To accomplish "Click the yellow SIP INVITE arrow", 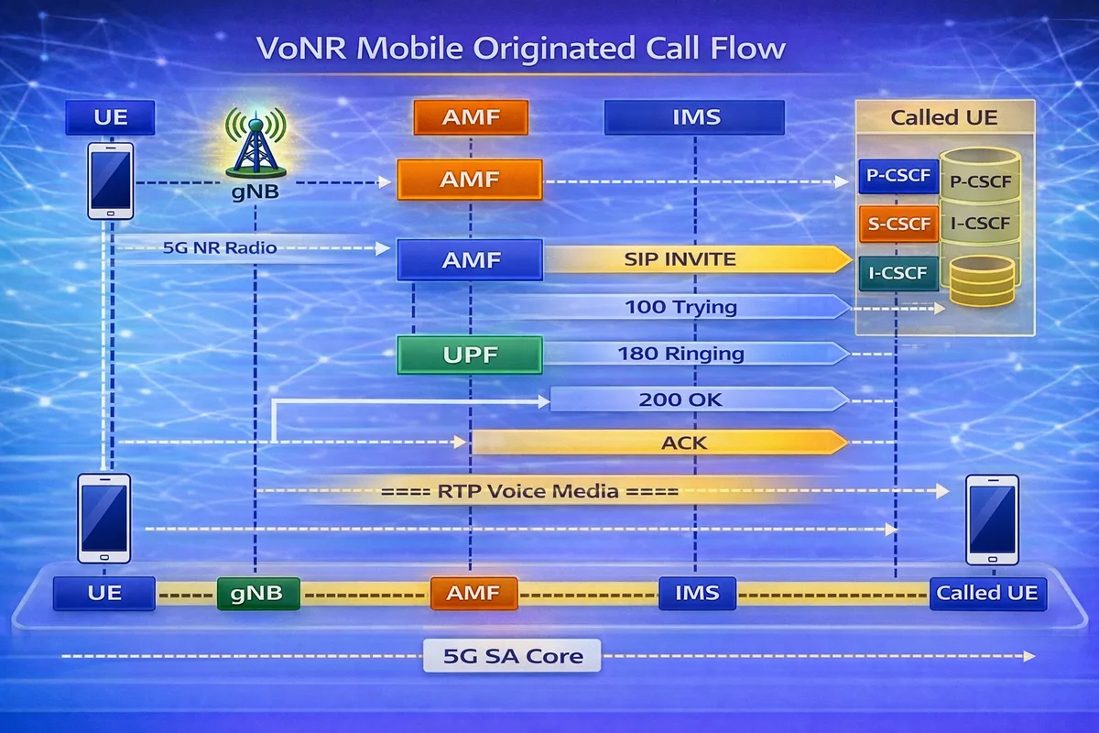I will pyautogui.click(x=696, y=259).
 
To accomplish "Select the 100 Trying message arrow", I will pyautogui.click(x=696, y=307).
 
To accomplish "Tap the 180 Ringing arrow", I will pyautogui.click(x=696, y=354).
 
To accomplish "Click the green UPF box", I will pyautogui.click(x=469, y=355).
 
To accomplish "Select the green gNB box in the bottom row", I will pyautogui.click(x=258, y=593).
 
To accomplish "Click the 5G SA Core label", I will pyautogui.click(x=512, y=656).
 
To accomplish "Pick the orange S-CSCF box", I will pyautogui.click(x=898, y=224).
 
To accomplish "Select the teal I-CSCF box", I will pyautogui.click(x=898, y=273).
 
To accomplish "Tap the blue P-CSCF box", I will pyautogui.click(x=898, y=177).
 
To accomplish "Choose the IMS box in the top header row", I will pyautogui.click(x=694, y=117).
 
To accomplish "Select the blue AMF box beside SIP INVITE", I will pyautogui.click(x=469, y=259).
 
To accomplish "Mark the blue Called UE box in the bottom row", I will pyautogui.click(x=986, y=593).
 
